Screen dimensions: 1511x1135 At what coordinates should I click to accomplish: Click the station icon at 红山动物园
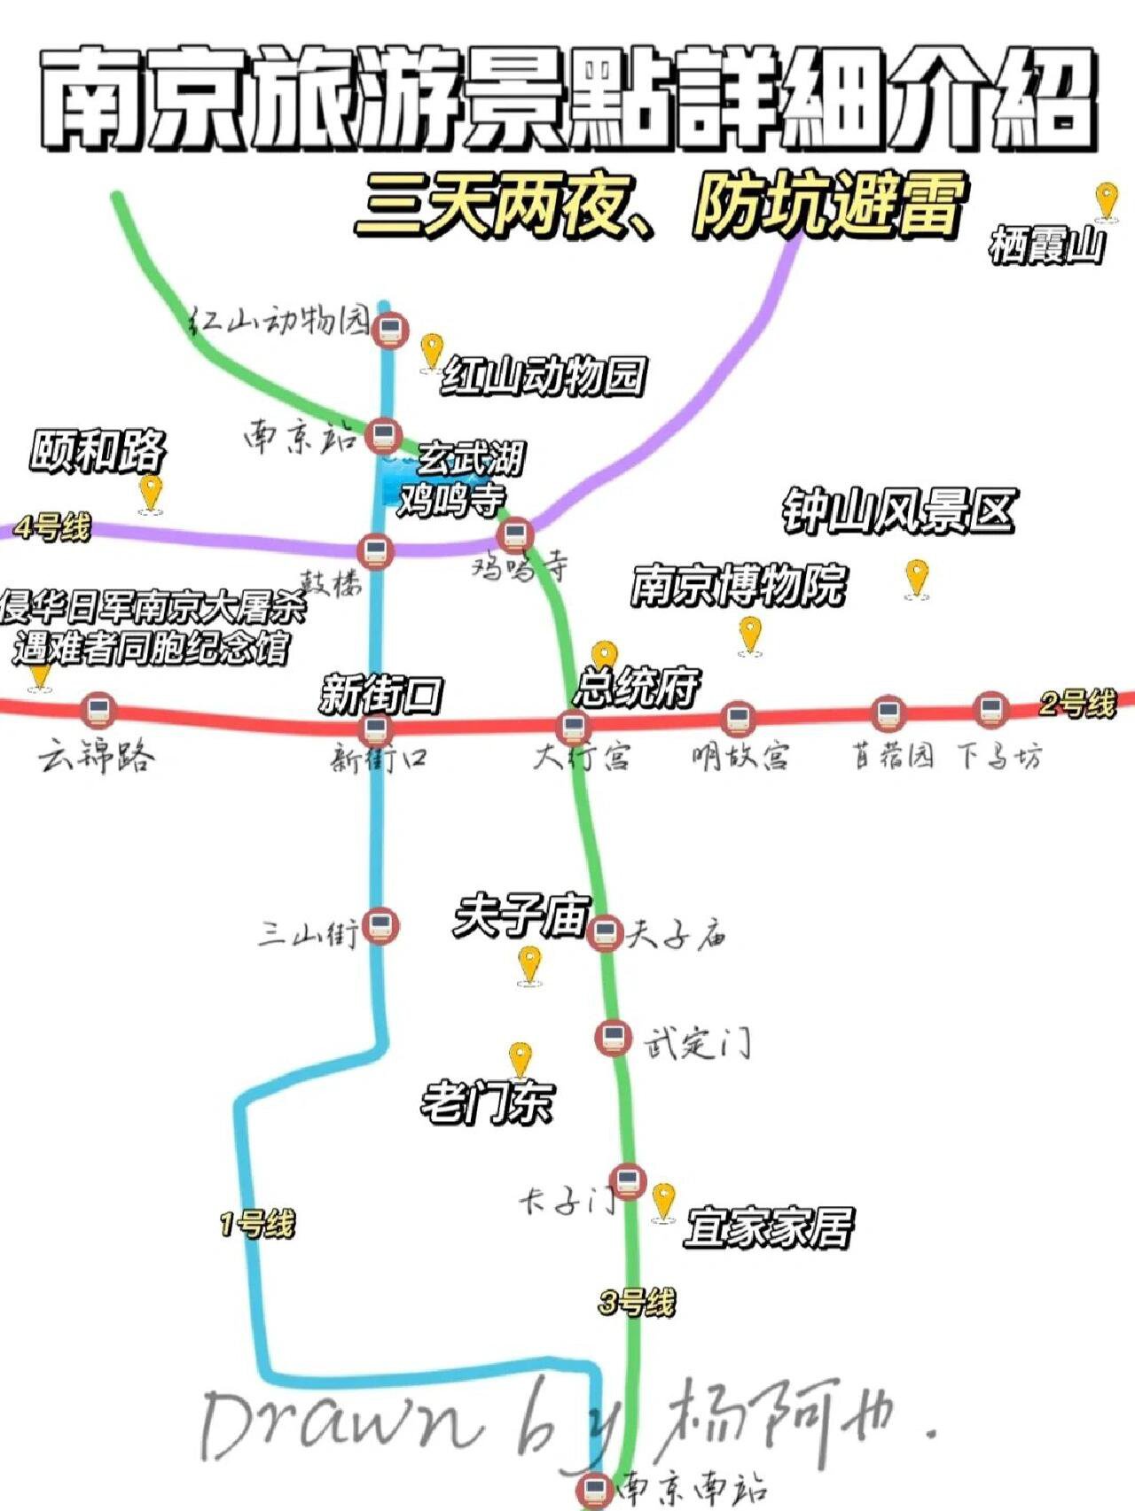point(389,331)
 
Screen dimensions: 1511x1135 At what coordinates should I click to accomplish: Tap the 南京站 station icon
point(382,435)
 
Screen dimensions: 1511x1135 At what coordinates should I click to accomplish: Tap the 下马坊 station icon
point(990,710)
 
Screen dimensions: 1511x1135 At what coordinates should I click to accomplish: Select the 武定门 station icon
point(613,1037)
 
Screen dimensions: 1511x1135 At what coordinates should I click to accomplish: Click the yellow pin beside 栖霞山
point(1106,199)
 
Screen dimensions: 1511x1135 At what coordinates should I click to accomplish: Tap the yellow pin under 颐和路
point(151,492)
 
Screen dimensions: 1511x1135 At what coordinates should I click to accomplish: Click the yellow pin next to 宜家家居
point(663,1202)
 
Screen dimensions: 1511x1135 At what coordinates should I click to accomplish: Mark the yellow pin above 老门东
point(520,1059)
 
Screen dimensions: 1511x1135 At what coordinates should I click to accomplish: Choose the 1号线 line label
point(257,1226)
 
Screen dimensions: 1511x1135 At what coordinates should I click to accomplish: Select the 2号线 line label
point(1077,705)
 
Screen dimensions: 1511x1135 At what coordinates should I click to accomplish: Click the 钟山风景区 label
point(897,512)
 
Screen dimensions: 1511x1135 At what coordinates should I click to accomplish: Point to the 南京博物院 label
point(738,585)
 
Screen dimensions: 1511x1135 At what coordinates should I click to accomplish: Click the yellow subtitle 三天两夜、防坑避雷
point(658,208)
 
